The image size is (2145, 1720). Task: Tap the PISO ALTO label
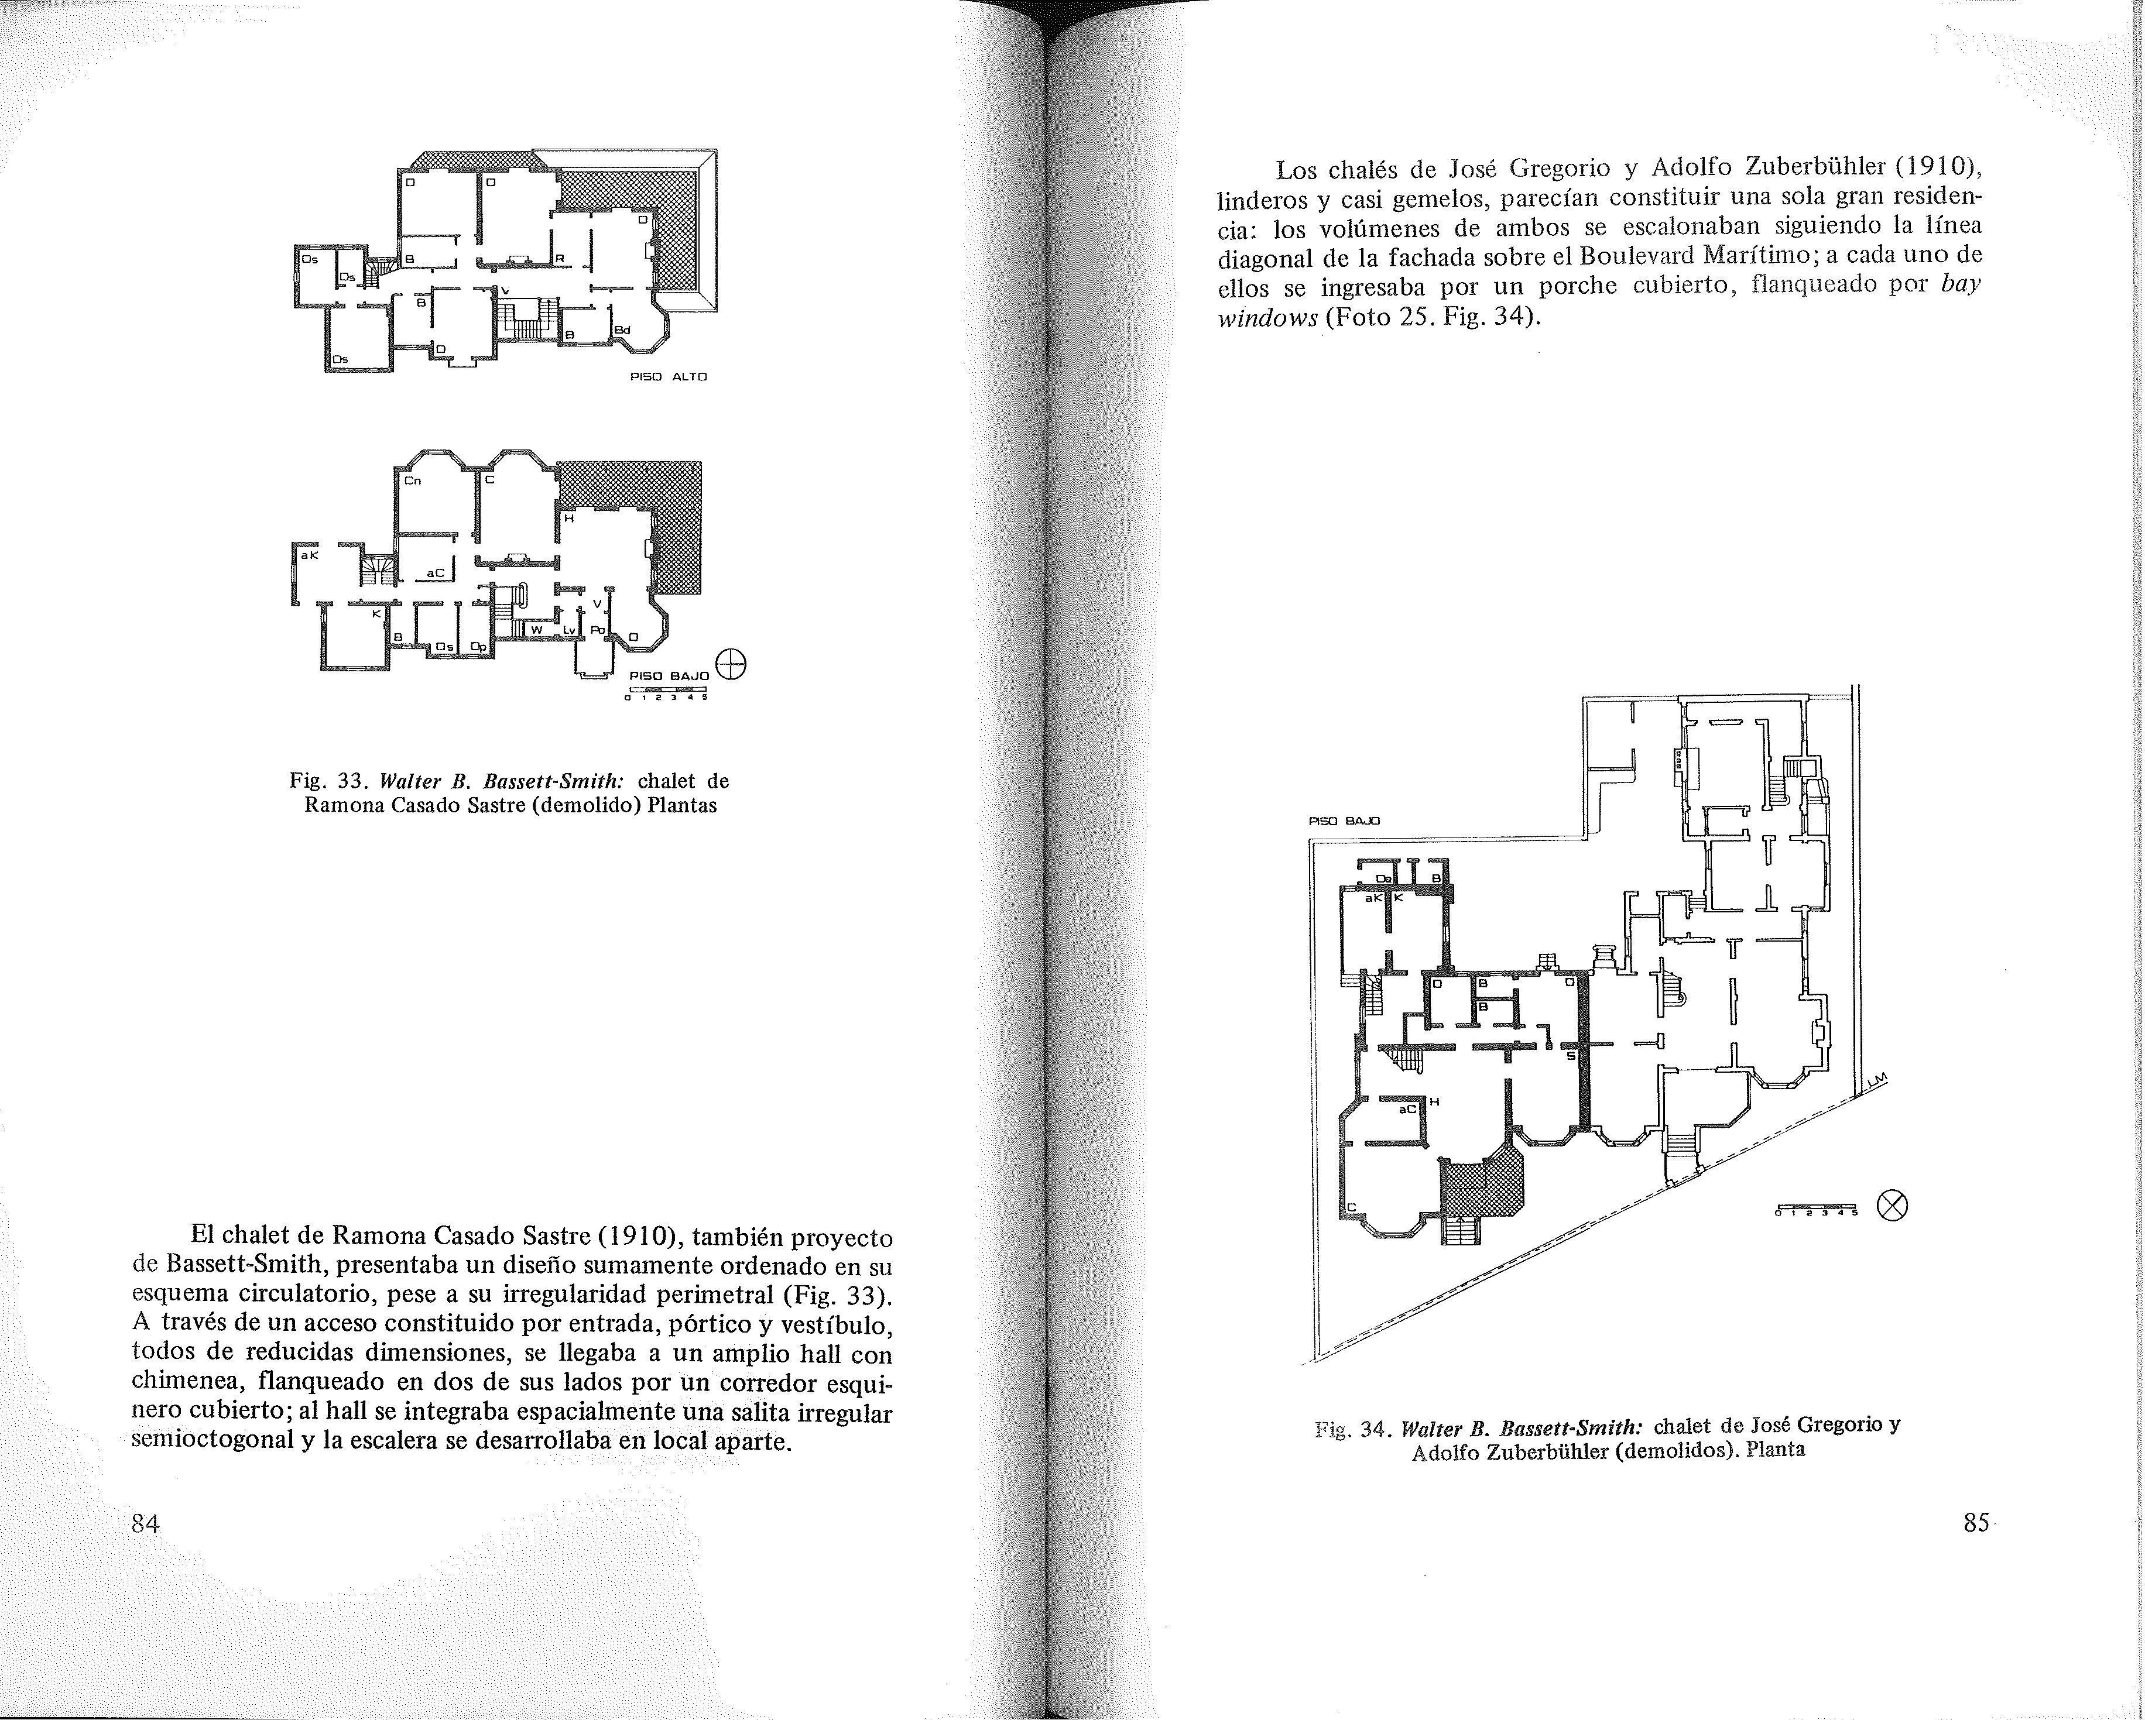669,377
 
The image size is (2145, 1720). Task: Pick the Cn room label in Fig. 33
412,482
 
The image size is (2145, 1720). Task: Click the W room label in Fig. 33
535,630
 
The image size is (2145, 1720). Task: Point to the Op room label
478,647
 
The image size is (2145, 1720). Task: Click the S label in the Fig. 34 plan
1570,1056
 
